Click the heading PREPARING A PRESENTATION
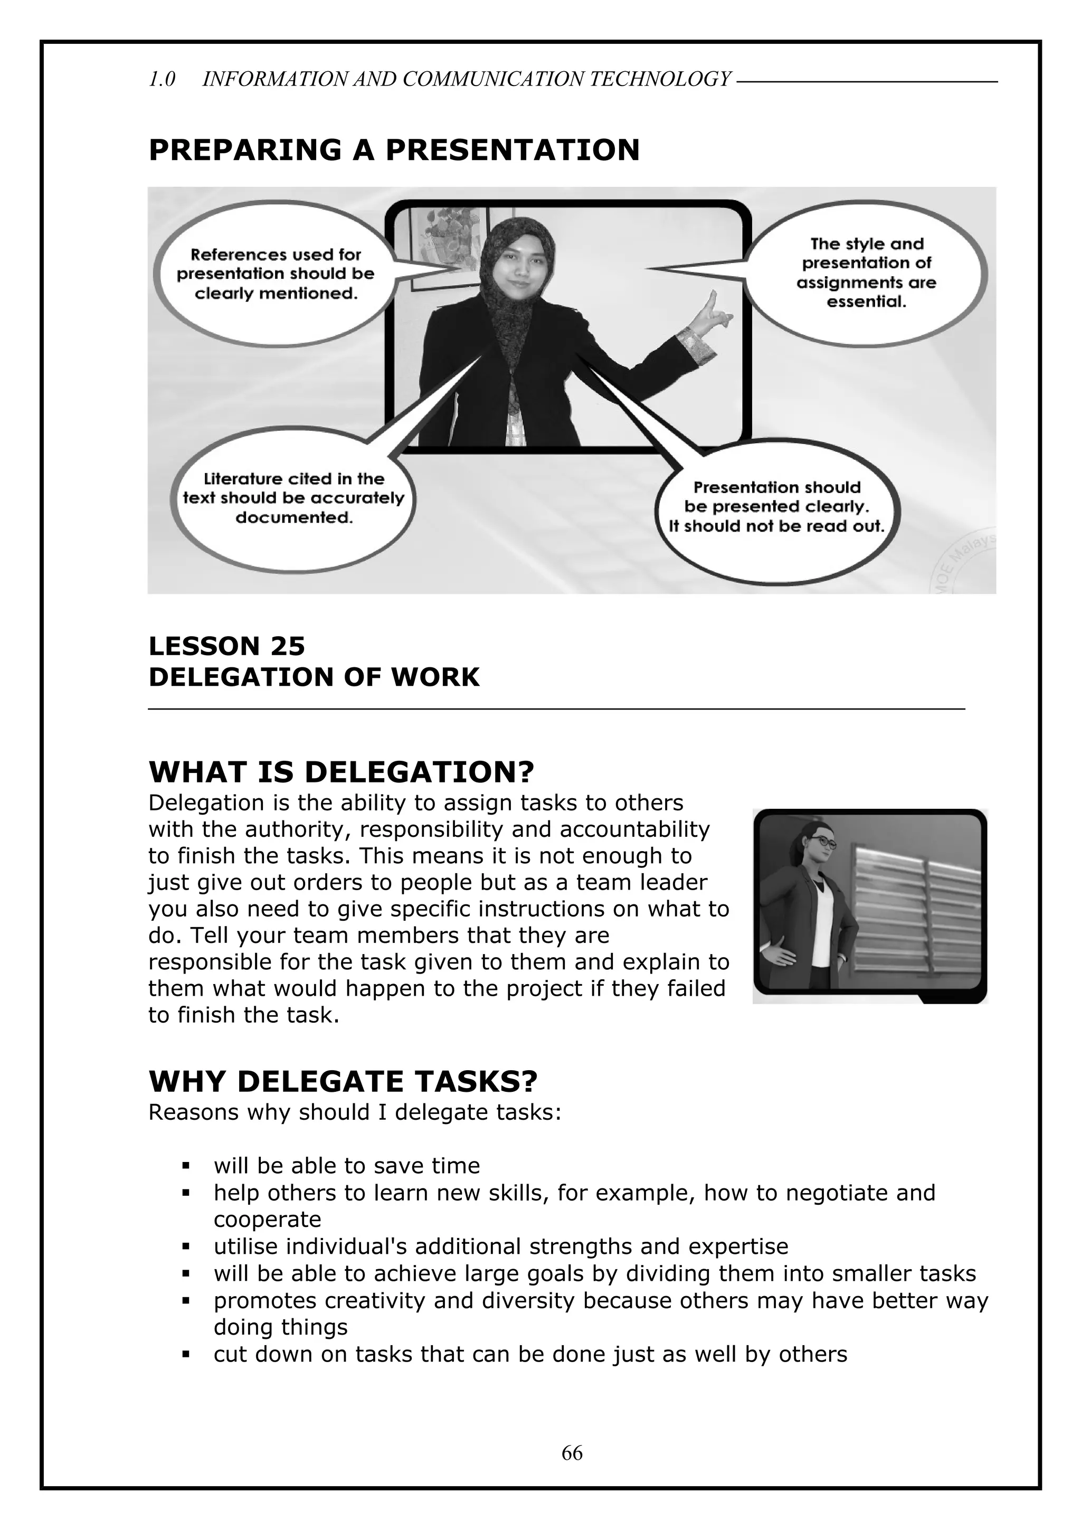pyautogui.click(x=394, y=149)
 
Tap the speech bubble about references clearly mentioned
pyautogui.click(x=276, y=275)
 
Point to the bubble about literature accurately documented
pyautogui.click(x=293, y=498)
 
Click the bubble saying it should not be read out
pyautogui.click(x=776, y=508)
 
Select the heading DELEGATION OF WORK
pyautogui.click(x=314, y=677)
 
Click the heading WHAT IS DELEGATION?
pyautogui.click(x=341, y=772)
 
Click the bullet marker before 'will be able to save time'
pyautogui.click(x=186, y=1166)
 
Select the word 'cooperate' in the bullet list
pyautogui.click(x=267, y=1220)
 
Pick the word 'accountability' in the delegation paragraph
pyautogui.click(x=634, y=829)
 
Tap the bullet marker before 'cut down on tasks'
pyautogui.click(x=186, y=1355)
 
